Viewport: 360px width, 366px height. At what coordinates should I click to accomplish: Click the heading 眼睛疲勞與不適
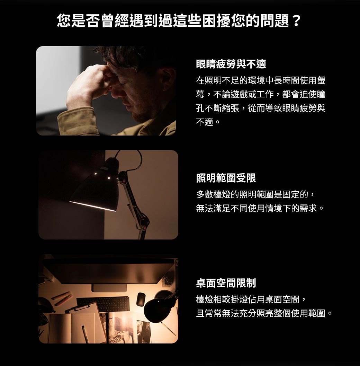231,64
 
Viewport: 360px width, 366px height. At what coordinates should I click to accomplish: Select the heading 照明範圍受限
226,178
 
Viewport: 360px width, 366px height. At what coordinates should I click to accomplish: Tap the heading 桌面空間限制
226,283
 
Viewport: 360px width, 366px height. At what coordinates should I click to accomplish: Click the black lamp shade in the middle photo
97,187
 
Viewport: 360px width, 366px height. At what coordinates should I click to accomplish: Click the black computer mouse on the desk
140,299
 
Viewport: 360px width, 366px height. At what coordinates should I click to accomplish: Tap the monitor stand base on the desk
109,288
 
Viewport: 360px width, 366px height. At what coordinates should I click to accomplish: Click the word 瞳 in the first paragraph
321,94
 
